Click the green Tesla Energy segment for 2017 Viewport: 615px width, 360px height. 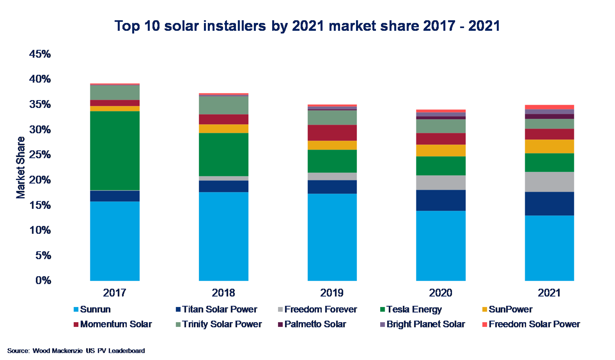pyautogui.click(x=115, y=151)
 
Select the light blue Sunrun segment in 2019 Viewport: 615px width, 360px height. pyautogui.click(x=332, y=237)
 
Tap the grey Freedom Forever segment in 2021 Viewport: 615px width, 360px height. pyautogui.click(x=549, y=182)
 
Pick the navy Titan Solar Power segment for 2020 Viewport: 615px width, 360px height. pyautogui.click(x=441, y=200)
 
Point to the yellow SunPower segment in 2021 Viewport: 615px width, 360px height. pyautogui.click(x=549, y=146)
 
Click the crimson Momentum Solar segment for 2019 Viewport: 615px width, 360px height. pyautogui.click(x=332, y=133)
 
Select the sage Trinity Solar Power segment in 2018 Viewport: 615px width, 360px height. pyautogui.click(x=223, y=105)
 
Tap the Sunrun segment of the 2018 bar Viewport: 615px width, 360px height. pyautogui.click(x=223, y=236)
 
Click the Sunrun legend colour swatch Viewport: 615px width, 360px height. pyautogui.click(x=76, y=309)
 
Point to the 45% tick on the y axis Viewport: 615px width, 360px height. pyautogui.click(x=40, y=54)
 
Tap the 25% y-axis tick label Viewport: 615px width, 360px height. pyautogui.click(x=40, y=155)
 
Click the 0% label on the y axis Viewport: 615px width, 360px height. pyautogui.click(x=43, y=280)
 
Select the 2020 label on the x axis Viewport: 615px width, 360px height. pyautogui.click(x=441, y=293)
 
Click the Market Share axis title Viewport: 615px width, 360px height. pyautogui.click(x=21, y=167)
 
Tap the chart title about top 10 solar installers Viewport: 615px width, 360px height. pyautogui.click(x=307, y=26)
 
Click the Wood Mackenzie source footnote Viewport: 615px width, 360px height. pyautogui.click(x=76, y=351)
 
